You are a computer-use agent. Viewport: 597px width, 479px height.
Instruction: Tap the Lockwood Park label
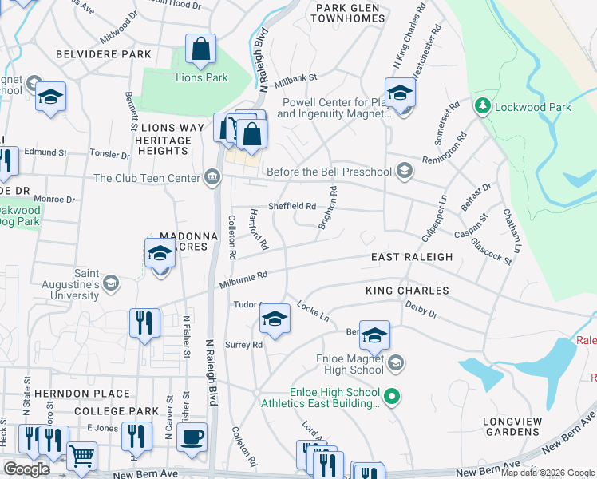click(532, 107)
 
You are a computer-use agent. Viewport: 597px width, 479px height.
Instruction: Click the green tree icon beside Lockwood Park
click(482, 106)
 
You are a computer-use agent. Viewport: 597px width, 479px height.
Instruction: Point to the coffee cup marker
click(192, 437)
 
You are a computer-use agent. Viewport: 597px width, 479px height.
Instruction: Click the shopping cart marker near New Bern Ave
click(81, 457)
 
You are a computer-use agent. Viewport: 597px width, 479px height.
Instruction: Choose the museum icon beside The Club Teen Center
click(212, 177)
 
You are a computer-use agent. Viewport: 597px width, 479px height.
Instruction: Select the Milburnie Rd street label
click(243, 279)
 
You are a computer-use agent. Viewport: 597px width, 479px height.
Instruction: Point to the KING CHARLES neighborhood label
click(407, 291)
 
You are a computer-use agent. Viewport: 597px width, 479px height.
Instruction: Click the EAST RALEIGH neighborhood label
click(412, 257)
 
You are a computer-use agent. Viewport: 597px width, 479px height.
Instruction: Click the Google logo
click(27, 469)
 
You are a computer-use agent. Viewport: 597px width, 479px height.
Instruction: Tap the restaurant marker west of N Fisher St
click(144, 323)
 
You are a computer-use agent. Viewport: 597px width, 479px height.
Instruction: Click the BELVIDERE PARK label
click(104, 54)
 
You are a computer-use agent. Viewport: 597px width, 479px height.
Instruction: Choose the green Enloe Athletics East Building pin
click(391, 395)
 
